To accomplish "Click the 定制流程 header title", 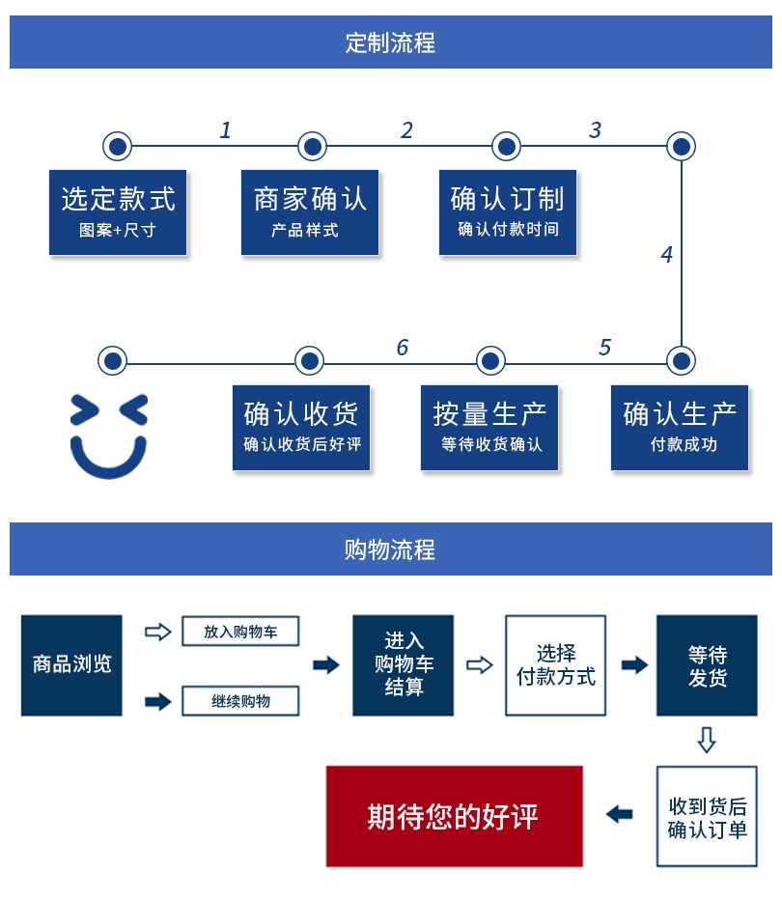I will pos(390,42).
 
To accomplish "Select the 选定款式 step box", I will pos(118,212).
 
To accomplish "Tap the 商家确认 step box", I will pos(310,212).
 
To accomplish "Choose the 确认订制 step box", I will pos(507,212).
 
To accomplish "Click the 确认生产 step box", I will pos(680,428).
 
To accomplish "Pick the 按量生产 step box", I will pos(489,428).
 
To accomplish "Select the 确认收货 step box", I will pos(301,428).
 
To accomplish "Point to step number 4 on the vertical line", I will pos(666,255).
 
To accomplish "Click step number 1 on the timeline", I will pos(226,130).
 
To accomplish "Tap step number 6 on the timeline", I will pos(403,348).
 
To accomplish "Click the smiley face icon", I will pos(109,436).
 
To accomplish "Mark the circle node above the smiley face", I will pos(113,361).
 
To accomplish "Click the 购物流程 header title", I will pos(390,549).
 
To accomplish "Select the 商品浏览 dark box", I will pos(71,664).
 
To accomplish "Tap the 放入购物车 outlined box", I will pos(240,632).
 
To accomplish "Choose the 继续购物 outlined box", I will pos(240,701).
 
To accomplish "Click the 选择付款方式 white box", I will pos(556,664).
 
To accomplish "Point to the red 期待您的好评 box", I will pos(454,816).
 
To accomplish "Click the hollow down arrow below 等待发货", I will pos(707,741).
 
